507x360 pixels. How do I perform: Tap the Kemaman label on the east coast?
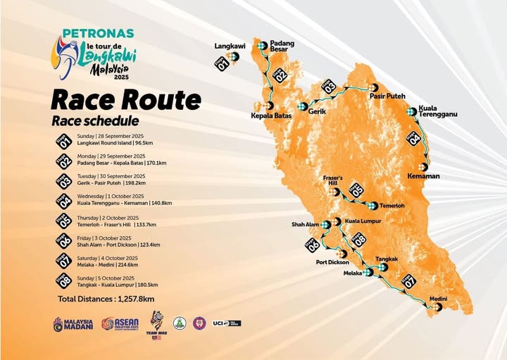click(x=424, y=176)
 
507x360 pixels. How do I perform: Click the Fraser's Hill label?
click(x=332, y=181)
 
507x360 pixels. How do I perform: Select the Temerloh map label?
click(x=392, y=206)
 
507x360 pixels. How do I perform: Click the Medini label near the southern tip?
click(x=438, y=299)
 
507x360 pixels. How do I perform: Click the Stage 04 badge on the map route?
click(x=414, y=138)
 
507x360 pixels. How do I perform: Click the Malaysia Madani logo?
click(x=73, y=324)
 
